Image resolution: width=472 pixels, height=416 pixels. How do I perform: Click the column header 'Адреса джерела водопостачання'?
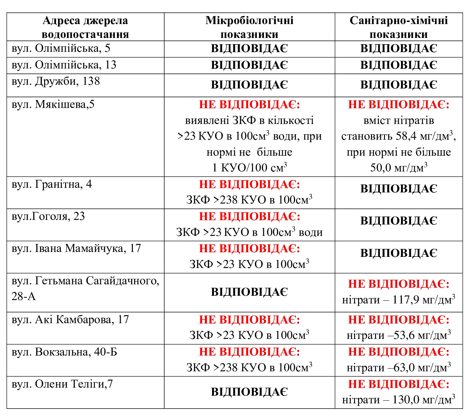(85, 27)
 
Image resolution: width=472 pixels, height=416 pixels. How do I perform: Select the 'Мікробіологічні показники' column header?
(249, 27)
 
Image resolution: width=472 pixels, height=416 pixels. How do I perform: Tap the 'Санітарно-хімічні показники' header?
(399, 27)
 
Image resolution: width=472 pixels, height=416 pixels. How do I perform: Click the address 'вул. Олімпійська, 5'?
(61, 48)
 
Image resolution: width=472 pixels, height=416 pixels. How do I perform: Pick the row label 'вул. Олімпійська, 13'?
(64, 65)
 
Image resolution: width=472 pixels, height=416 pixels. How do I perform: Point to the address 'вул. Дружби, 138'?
(56, 81)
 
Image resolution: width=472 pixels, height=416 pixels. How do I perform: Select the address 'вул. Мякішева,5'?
(53, 105)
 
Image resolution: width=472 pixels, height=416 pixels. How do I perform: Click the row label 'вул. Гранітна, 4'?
(52, 184)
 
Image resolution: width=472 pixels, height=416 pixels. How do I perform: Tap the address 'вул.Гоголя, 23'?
(48, 216)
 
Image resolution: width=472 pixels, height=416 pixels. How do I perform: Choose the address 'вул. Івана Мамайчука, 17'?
(76, 248)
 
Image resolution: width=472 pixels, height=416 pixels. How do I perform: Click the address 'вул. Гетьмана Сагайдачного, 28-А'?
(85, 288)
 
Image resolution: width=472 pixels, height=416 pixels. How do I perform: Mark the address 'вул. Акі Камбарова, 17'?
(70, 319)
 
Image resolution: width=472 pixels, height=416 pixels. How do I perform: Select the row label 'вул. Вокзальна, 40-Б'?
(64, 352)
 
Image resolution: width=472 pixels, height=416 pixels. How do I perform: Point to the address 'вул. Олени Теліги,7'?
(62, 384)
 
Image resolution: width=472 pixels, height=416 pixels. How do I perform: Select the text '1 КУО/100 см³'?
(249, 168)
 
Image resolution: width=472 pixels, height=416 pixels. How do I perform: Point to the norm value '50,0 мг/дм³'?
(399, 168)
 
